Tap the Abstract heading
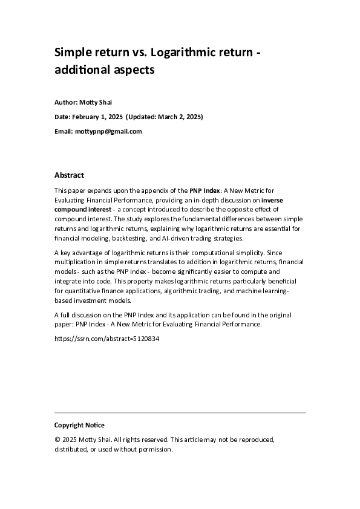click(70, 175)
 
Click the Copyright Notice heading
click(79, 425)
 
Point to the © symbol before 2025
click(57, 439)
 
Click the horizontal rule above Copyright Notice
click(180, 413)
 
